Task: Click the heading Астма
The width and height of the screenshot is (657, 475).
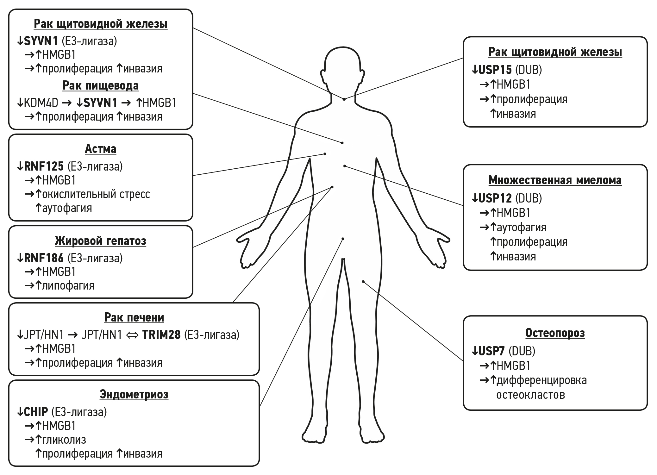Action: click(100, 149)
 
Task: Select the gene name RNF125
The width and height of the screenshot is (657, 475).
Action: click(44, 166)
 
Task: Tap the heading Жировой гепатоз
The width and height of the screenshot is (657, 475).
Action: click(100, 241)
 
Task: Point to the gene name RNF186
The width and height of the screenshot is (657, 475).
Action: click(44, 258)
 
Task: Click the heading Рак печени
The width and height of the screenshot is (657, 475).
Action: click(134, 317)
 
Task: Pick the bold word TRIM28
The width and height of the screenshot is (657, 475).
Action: click(161, 335)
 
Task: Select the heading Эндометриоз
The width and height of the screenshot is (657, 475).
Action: click(134, 395)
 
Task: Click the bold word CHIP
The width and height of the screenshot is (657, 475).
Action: click(36, 412)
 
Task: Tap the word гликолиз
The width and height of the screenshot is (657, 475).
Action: click(64, 440)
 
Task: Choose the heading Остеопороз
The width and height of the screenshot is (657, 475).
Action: click(555, 333)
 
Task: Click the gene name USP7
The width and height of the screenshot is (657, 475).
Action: click(491, 351)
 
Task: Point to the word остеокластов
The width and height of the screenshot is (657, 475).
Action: click(530, 395)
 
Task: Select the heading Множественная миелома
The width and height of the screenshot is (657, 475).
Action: click(555, 180)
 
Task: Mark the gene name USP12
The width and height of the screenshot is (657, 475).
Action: click(495, 198)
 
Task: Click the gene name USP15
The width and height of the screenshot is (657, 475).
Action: click(495, 70)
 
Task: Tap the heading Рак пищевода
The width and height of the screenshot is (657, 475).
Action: click(100, 85)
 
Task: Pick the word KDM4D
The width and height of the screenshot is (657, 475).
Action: click(41, 103)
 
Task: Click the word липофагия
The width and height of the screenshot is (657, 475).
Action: click(68, 286)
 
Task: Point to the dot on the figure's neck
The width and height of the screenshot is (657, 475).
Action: click(344, 99)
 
